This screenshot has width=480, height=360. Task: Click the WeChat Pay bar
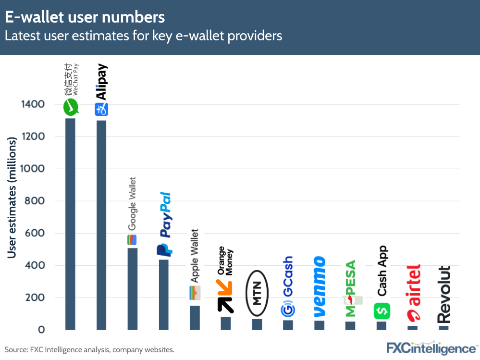[70, 223]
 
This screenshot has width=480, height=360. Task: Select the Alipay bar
[101, 224]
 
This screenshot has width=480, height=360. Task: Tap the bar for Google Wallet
[132, 288]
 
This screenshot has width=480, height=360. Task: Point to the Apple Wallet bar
[195, 317]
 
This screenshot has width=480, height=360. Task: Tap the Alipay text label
[101, 82]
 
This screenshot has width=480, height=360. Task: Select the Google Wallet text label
[132, 204]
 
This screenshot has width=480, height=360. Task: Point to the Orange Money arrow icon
[225, 296]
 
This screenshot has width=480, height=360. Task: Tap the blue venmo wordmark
[319, 286]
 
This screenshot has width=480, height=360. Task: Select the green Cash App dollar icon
[382, 310]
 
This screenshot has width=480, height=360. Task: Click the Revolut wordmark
[444, 294]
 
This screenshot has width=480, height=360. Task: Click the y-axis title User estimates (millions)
[12, 197]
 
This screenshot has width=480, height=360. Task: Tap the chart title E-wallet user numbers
[85, 17]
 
